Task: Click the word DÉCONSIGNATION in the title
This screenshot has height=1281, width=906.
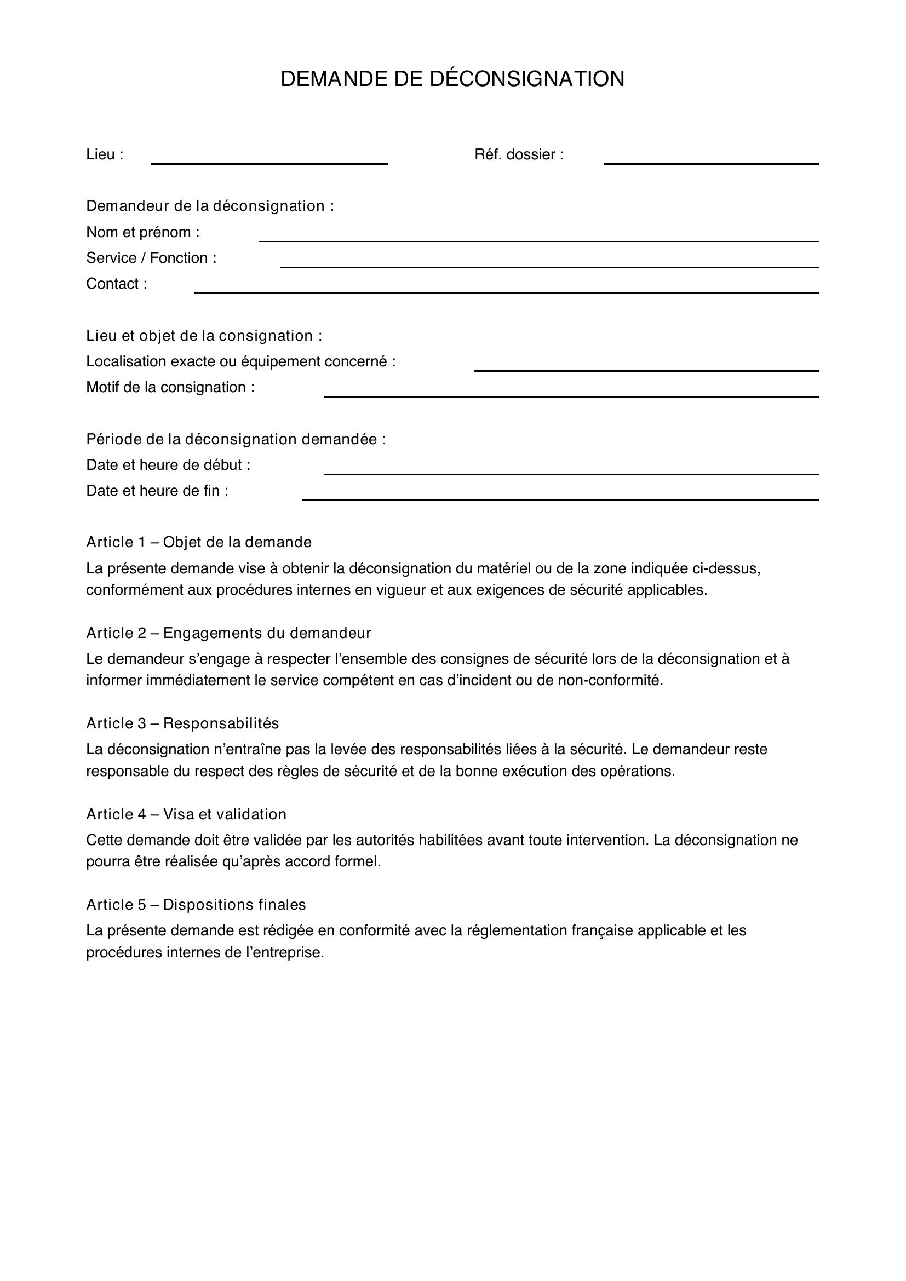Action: tap(526, 79)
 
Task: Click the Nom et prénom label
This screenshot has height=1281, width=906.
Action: tap(142, 232)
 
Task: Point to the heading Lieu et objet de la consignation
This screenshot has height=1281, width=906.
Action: tap(204, 336)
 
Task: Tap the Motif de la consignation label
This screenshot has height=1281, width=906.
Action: tap(170, 387)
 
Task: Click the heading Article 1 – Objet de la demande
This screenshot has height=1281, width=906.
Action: tap(199, 542)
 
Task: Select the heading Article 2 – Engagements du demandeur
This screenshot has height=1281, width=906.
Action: tap(228, 633)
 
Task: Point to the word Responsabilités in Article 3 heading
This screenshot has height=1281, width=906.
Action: tap(221, 723)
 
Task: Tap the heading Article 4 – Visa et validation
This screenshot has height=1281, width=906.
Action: tap(186, 814)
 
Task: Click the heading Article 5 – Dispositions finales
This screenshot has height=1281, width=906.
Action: tap(196, 905)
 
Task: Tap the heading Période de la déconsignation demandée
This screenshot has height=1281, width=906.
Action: tap(236, 440)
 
